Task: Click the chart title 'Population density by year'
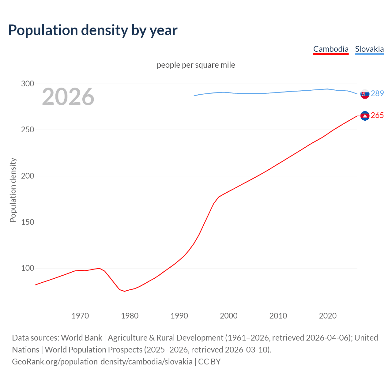coord(93,30)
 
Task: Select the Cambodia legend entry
coord(331,49)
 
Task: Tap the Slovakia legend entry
coord(369,49)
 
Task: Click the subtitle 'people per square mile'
coord(196,65)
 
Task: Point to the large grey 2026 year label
coord(68,97)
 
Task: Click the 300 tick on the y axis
coord(28,84)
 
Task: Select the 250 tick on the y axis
coord(28,130)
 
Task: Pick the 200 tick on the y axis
coord(28,176)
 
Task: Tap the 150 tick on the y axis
coord(28,222)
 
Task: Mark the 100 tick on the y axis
coord(28,268)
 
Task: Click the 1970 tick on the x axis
coord(80,316)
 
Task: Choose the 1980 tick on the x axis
coord(130,316)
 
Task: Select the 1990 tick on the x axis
coord(179,316)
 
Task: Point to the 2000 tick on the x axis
coord(229,316)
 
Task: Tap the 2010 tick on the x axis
coord(278,316)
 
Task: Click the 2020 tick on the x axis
coord(328,316)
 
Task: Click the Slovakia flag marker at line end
coord(365,94)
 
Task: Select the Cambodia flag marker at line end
coord(365,115)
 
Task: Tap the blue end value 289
coord(377,93)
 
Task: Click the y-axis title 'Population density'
coord(13,190)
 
